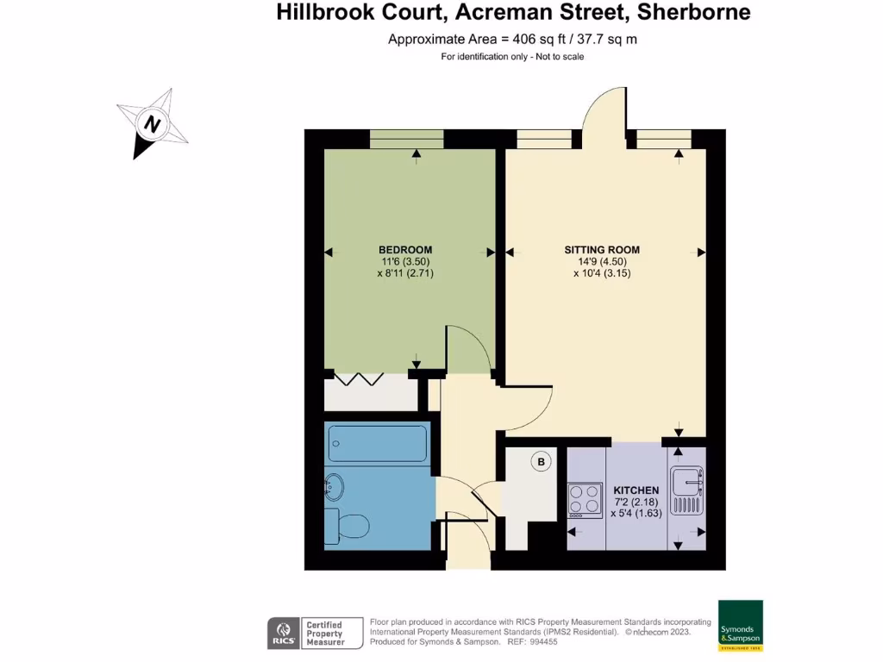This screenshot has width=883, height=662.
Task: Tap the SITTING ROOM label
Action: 602,250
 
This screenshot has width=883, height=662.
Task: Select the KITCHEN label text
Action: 636,490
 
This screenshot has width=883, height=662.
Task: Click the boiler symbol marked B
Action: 542,463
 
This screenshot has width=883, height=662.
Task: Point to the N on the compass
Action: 153,124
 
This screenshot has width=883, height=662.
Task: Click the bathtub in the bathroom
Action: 378,443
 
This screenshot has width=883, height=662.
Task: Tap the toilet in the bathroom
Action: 347,524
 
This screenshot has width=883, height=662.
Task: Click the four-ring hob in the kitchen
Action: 586,500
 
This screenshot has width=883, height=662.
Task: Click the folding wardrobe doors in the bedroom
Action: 360,379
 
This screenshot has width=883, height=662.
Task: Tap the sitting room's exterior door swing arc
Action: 604,109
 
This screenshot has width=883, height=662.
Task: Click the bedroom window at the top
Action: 407,139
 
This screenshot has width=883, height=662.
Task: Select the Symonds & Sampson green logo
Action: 741,625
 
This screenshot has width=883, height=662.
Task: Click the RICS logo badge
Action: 283,632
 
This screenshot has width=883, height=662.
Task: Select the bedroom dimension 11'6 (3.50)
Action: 405,262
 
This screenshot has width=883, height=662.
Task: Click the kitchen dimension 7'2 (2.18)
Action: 636,502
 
